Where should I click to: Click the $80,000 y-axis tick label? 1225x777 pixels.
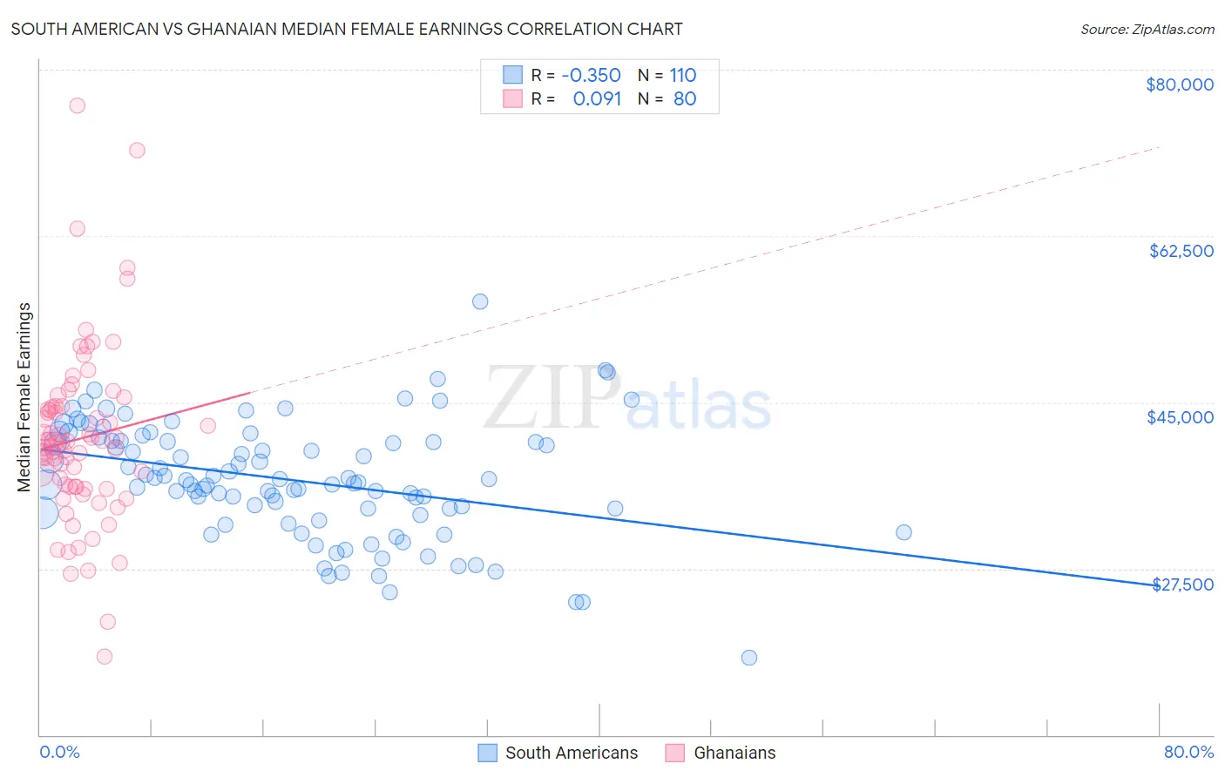click(x=1179, y=84)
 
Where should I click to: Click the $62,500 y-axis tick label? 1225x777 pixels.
click(x=1181, y=251)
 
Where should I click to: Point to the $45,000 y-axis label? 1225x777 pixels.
click(x=1180, y=417)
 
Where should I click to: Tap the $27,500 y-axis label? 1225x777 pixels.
click(x=1182, y=584)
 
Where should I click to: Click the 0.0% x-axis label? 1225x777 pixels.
click(x=59, y=752)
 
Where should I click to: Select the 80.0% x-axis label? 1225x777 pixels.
click(x=1188, y=752)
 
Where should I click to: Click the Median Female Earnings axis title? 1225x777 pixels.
click(x=24, y=397)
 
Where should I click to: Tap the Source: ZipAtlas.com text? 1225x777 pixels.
click(x=1147, y=29)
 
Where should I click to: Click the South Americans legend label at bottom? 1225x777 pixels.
click(x=572, y=753)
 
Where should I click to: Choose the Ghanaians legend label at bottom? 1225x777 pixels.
click(x=734, y=753)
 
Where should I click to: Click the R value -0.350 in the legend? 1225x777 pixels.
click(x=591, y=75)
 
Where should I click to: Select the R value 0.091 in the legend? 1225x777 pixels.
click(x=597, y=98)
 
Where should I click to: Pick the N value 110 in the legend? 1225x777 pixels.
click(x=683, y=75)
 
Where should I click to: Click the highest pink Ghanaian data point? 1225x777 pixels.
click(x=77, y=105)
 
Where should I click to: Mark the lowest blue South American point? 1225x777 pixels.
click(x=749, y=658)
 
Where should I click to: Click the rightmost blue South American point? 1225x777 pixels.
click(x=904, y=532)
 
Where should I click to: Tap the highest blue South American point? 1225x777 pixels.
click(x=480, y=301)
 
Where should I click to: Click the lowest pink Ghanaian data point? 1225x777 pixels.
click(x=105, y=657)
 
